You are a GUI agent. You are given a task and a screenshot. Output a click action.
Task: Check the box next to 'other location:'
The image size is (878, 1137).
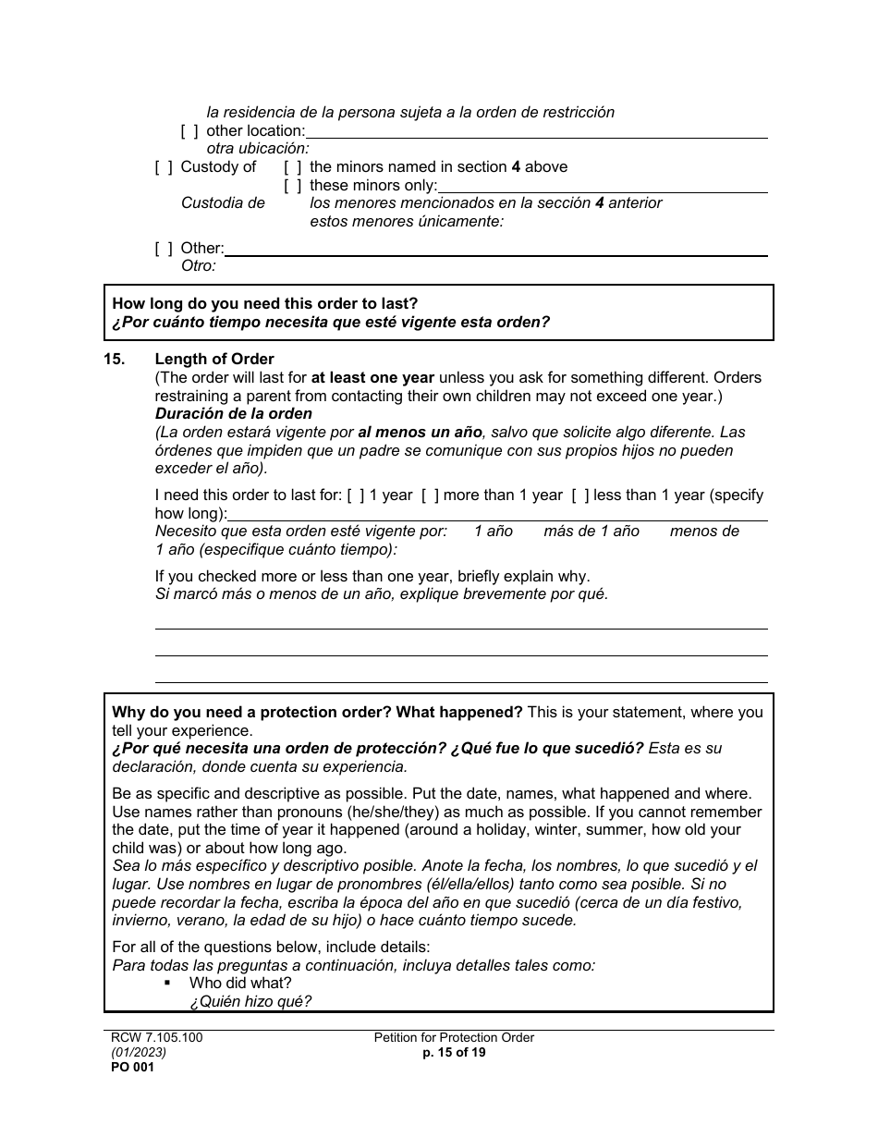point(189,131)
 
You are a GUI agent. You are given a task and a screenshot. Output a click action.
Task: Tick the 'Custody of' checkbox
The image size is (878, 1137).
point(164,167)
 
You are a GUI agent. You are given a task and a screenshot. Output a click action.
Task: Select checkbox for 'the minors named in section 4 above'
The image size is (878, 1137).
point(293,167)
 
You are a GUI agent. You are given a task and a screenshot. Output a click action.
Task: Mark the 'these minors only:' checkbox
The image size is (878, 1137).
point(293,186)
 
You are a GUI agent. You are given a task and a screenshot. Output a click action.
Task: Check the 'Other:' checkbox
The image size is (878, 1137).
point(164,249)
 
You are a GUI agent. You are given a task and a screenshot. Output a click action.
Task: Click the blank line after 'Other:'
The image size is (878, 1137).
point(495,249)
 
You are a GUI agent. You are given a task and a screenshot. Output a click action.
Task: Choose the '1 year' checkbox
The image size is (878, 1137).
point(356,495)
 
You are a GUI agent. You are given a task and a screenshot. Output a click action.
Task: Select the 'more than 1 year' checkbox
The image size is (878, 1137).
point(430,495)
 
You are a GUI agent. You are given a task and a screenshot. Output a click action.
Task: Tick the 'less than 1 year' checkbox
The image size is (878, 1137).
point(579,495)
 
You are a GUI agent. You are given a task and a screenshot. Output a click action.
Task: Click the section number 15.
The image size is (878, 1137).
point(116,360)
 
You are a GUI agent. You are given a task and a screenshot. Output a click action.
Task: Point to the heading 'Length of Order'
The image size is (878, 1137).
point(214,360)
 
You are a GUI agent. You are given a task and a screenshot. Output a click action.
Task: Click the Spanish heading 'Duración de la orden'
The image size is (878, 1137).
point(234,414)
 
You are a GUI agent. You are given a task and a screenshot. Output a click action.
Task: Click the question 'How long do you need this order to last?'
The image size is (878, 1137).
point(264,303)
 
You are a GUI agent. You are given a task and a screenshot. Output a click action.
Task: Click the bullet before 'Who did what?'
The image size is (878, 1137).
point(168,984)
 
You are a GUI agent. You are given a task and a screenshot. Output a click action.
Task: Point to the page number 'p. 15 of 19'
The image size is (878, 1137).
point(454,1052)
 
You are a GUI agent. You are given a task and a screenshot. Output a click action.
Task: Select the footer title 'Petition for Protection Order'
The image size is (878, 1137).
point(454,1038)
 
